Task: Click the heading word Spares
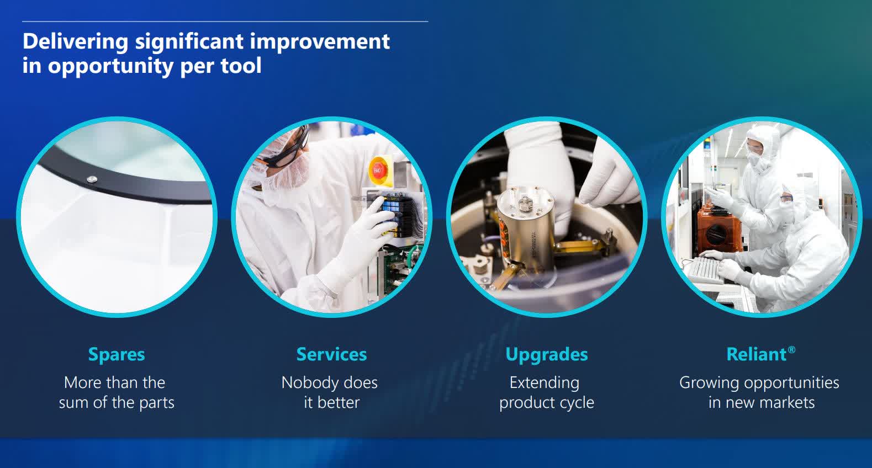coord(117,354)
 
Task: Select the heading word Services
coord(331,354)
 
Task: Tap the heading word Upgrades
coord(546,354)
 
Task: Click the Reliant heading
coord(756,354)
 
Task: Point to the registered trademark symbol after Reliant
coord(791,350)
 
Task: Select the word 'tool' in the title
coord(241,66)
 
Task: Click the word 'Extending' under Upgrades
coord(544,382)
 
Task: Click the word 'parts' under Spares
coord(157,402)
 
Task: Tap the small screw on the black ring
coord(92,178)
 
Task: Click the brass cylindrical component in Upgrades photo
coord(522,221)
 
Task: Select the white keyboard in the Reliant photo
coord(704,269)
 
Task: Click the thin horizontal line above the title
coord(225,22)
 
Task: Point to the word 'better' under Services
coord(339,402)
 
